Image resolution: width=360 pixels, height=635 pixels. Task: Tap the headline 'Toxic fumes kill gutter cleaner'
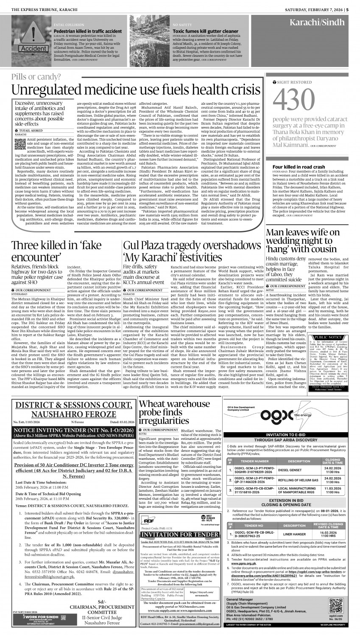206,31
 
